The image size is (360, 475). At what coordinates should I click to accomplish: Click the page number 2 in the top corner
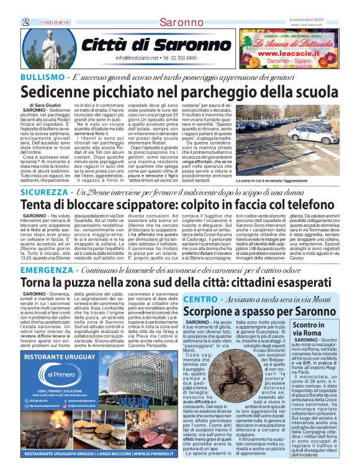[25, 22]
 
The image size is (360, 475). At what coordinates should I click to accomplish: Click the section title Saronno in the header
[180, 22]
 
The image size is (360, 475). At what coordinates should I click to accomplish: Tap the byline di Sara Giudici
[48, 105]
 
